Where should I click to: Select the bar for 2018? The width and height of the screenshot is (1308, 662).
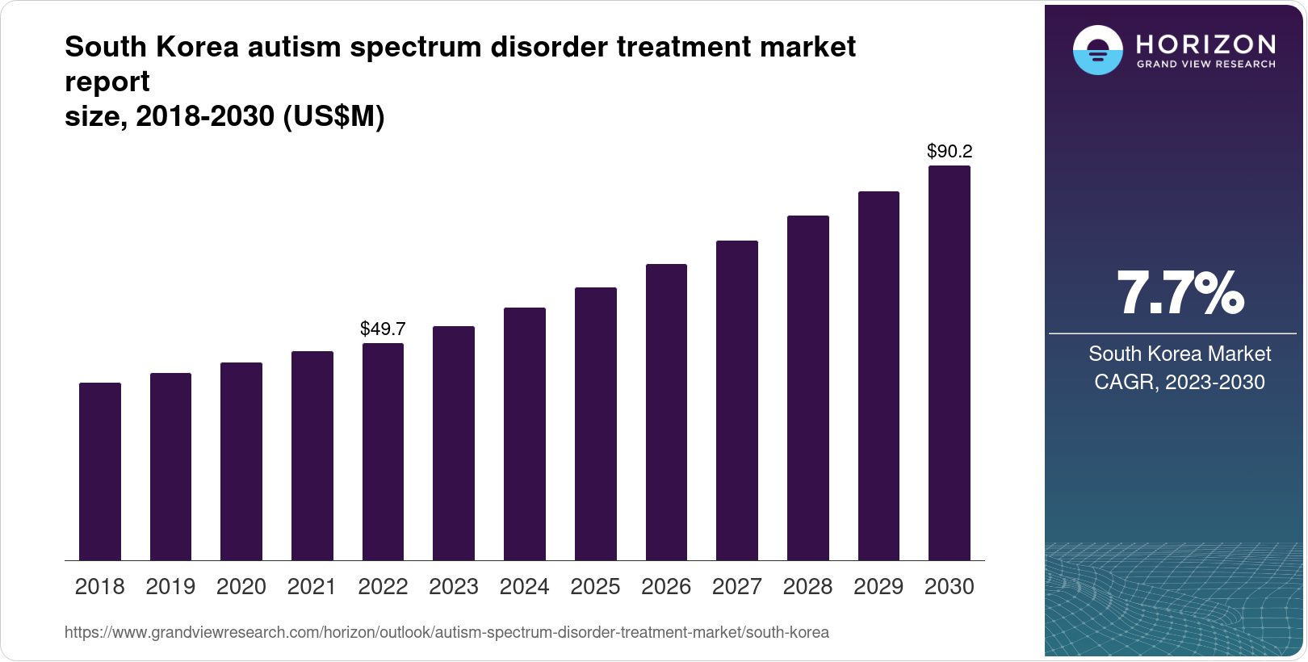click(100, 471)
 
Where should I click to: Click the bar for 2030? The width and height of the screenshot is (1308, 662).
click(950, 363)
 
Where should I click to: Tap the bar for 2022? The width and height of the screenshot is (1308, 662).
click(383, 452)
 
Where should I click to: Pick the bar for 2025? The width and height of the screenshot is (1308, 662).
click(596, 424)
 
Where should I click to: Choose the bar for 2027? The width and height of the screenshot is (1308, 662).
click(737, 400)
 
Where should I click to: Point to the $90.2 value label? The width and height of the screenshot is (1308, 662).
click(950, 151)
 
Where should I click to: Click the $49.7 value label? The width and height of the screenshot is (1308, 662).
click(383, 329)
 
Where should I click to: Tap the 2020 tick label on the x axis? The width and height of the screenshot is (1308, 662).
click(241, 587)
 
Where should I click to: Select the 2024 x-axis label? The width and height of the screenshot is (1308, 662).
click(525, 587)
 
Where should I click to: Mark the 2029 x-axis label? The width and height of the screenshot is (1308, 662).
click(878, 587)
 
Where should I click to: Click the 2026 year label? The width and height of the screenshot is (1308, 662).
click(666, 587)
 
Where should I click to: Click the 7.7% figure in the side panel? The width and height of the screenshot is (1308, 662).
click(1180, 294)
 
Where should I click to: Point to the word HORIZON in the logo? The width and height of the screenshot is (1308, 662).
click(1206, 44)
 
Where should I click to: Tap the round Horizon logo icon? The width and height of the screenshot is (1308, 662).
click(1097, 51)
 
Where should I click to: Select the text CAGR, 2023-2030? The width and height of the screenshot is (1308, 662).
click(1180, 382)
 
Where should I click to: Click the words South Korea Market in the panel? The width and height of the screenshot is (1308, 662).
click(1180, 354)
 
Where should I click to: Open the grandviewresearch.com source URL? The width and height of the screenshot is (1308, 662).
click(446, 632)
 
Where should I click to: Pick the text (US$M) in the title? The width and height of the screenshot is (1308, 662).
click(333, 117)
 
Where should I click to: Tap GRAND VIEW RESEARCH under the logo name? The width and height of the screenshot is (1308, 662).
click(1206, 64)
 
